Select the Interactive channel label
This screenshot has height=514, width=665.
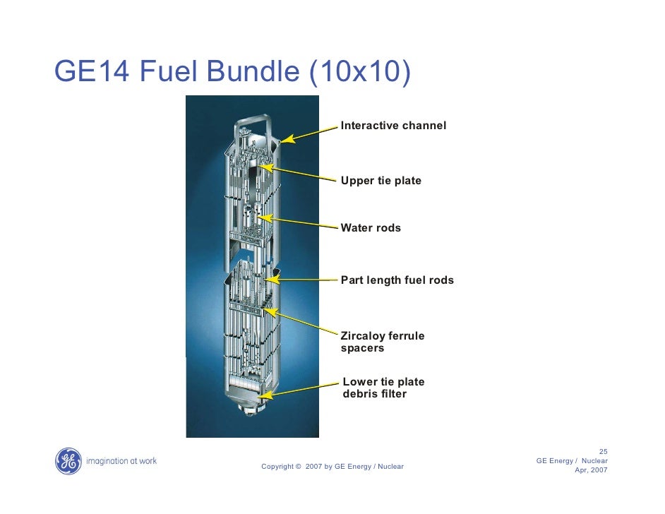393,126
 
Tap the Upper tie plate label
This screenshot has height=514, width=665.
381,181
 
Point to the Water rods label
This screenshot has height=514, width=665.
371,228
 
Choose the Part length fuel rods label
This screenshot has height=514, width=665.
397,280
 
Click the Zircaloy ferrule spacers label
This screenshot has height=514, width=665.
382,342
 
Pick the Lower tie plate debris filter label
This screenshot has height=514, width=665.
383,388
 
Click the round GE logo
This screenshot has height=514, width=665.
68,461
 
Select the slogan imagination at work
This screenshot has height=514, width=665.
121,462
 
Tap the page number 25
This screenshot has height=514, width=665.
603,452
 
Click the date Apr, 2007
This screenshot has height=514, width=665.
591,470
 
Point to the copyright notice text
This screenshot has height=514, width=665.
332,467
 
